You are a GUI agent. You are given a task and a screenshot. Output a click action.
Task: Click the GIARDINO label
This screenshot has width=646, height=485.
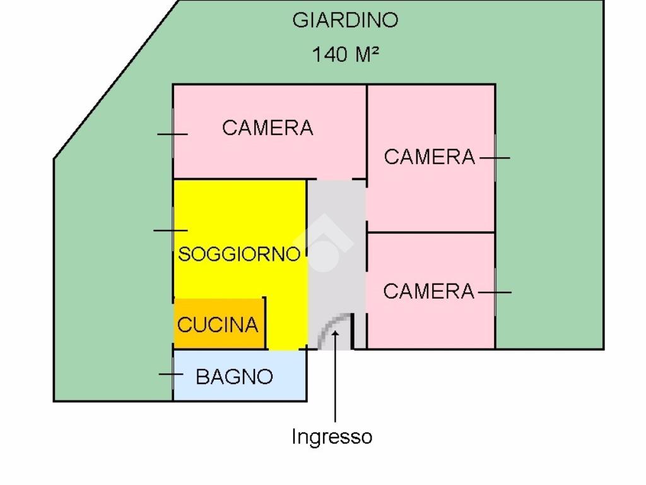click(x=345, y=20)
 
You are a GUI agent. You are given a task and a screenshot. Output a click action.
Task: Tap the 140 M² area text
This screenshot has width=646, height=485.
click(x=345, y=54)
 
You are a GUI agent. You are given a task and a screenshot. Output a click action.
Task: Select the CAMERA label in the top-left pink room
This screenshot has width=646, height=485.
click(x=267, y=128)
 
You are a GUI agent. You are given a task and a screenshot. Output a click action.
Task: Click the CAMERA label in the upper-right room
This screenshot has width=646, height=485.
click(x=429, y=157)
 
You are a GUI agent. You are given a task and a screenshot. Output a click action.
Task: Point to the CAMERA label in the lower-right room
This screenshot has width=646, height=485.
click(x=428, y=291)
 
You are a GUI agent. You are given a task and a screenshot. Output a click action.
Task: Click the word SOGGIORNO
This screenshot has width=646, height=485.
click(x=239, y=254)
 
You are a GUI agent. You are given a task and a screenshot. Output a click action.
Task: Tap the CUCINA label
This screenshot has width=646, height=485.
click(x=218, y=325)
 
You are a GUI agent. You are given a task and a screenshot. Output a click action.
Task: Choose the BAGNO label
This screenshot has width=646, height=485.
click(x=234, y=377)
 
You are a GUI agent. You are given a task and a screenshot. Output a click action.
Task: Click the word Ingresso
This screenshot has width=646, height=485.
click(x=332, y=436)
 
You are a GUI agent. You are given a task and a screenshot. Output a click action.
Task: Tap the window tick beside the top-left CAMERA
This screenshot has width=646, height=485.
click(x=172, y=134)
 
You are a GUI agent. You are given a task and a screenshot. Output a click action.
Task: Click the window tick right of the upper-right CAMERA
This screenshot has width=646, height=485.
click(x=495, y=158)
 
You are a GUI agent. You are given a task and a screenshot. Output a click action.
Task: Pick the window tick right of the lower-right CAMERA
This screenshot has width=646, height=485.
click(x=495, y=292)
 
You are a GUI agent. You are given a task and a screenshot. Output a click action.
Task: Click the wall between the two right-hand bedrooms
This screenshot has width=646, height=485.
click(x=431, y=232)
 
